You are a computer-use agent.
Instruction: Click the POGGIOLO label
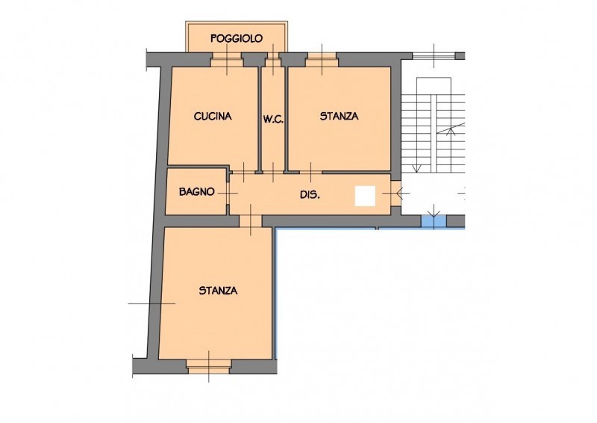click(x=237, y=39)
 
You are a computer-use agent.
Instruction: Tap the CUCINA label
click(x=213, y=117)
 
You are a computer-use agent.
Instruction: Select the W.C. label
click(x=273, y=120)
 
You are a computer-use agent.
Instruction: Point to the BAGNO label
click(x=197, y=191)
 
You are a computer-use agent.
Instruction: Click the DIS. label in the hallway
click(x=310, y=195)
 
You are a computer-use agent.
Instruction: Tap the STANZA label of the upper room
click(x=339, y=116)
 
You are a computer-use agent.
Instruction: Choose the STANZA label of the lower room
click(x=218, y=291)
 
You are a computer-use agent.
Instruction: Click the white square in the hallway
click(x=366, y=196)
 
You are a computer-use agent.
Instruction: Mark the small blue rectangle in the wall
click(x=434, y=221)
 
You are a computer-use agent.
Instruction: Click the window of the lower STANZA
click(x=209, y=366)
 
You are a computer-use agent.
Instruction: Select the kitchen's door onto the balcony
click(x=227, y=60)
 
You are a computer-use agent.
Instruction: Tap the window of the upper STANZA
click(x=322, y=60)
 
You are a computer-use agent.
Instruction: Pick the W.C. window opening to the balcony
click(x=273, y=60)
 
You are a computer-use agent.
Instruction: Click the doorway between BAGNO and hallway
click(x=228, y=193)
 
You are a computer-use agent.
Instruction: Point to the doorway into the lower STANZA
click(x=251, y=221)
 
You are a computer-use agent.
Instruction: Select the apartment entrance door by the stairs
click(x=396, y=194)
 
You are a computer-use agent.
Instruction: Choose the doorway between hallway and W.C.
click(x=273, y=173)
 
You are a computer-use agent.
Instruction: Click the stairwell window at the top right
click(x=434, y=56)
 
